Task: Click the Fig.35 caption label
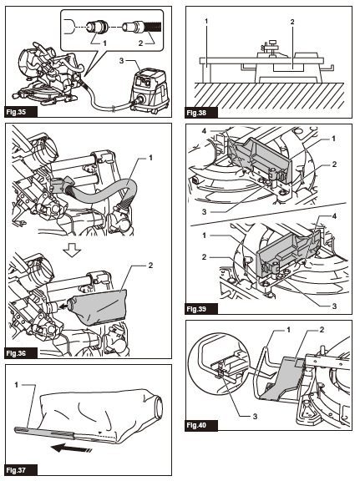tap(19, 110)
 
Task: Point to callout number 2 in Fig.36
tap(150, 264)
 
